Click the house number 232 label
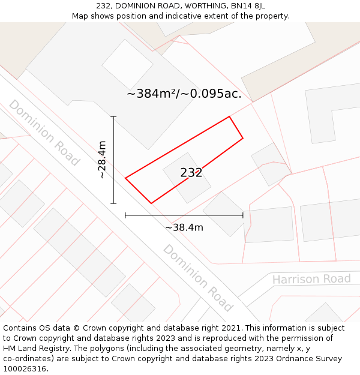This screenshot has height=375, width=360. click(x=191, y=173)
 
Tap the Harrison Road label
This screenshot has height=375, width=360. click(x=311, y=279)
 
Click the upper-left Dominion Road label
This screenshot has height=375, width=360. click(x=44, y=132)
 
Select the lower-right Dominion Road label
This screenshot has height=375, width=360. click(x=198, y=277)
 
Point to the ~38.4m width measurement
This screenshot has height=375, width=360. click(x=184, y=227)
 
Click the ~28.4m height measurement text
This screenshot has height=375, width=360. click(x=103, y=160)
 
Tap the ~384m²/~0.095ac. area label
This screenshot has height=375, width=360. click(x=184, y=94)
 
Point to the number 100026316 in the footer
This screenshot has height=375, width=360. click(x=26, y=368)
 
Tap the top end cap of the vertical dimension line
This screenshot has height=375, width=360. click(x=113, y=116)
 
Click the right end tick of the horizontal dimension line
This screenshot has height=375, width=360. click(x=243, y=215)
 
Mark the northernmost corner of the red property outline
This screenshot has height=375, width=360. click(x=230, y=116)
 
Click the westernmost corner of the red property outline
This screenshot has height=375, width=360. click(x=125, y=178)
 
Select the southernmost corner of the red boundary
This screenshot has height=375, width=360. click(x=151, y=203)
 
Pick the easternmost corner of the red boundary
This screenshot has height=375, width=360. click(x=243, y=139)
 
